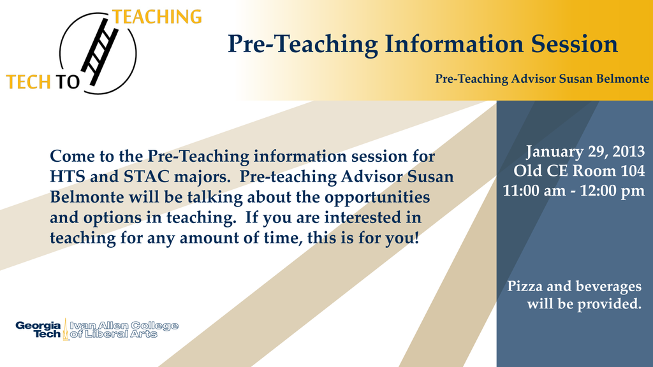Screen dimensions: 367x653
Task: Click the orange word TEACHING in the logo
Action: point(157,17)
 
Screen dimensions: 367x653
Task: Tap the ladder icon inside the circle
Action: point(100,50)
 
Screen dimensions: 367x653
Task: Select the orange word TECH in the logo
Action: point(27,82)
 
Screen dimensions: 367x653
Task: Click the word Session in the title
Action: point(574,44)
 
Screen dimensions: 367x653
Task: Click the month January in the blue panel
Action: point(552,152)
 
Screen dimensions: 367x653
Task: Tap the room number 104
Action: point(633,171)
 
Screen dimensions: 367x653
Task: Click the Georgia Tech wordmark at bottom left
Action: point(38,329)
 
